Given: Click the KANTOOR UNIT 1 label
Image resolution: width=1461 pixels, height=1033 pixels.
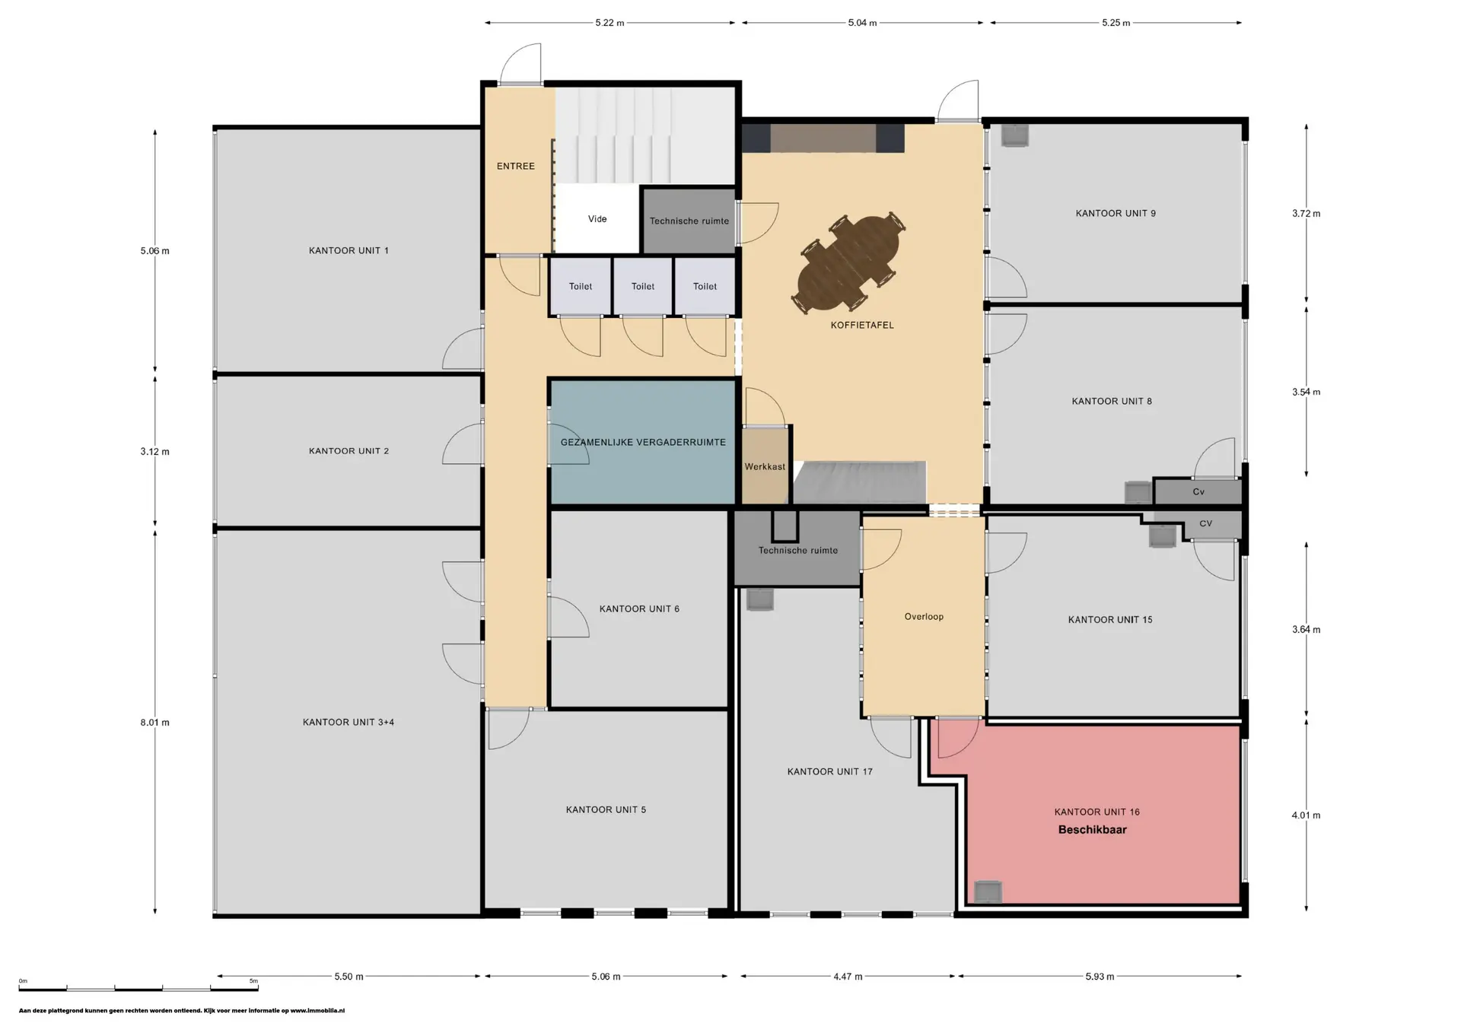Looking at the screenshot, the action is (349, 250).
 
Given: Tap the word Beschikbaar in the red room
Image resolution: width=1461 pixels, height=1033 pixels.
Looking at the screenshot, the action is (1092, 830).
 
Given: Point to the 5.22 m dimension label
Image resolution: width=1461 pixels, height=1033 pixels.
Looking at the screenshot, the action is (610, 23).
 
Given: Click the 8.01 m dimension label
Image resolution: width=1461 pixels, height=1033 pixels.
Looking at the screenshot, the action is (154, 723).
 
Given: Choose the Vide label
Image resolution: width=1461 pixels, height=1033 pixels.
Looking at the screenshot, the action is (597, 219).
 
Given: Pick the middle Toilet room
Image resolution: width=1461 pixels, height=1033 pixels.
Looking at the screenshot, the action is (643, 286).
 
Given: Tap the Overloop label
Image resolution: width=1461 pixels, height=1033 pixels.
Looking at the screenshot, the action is (924, 617).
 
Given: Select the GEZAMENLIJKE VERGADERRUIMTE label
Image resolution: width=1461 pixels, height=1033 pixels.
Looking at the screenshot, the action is (643, 442).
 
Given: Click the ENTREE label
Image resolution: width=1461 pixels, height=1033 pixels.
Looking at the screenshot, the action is (516, 166).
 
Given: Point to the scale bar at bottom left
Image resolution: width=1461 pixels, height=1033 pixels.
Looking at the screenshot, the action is (138, 988).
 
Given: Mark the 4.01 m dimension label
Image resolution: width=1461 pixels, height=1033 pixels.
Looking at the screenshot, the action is (1306, 815).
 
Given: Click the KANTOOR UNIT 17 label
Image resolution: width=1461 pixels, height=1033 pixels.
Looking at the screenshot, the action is (829, 771).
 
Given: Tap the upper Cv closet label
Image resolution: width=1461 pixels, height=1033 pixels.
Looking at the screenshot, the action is (1198, 492).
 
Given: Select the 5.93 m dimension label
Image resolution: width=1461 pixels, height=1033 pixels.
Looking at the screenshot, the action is (1100, 977).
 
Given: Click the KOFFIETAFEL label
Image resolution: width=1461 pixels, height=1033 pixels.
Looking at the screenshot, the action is (862, 325).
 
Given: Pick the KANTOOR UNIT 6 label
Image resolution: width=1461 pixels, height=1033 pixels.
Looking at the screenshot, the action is (639, 609).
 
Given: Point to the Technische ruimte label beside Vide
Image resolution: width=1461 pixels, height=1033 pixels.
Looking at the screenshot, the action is (689, 221).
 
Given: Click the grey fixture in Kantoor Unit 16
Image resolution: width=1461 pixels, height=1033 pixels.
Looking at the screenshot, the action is (988, 892).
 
